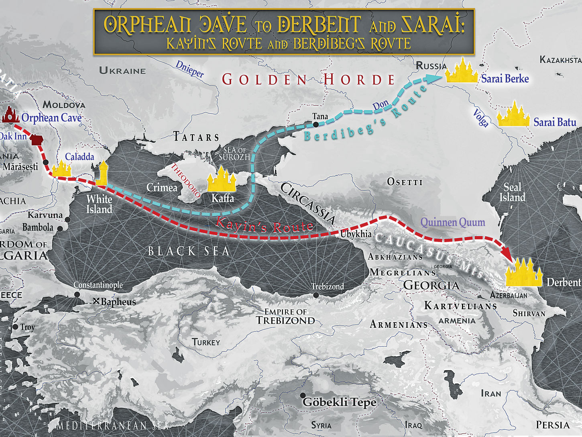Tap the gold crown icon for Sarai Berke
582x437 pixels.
pyautogui.click(x=462, y=71)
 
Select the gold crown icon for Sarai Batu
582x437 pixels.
pyautogui.click(x=513, y=115)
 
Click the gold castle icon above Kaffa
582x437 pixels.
pyautogui.click(x=221, y=180)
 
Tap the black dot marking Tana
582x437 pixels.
pyautogui.click(x=316, y=125)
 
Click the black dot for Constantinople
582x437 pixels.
pyautogui.click(x=77, y=294)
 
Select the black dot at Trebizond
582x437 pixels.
pyautogui.click(x=316, y=295)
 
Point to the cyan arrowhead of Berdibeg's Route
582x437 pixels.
pyautogui.click(x=433, y=78)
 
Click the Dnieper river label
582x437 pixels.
pyautogui.click(x=189, y=69)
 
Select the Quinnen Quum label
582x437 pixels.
pyautogui.click(x=452, y=222)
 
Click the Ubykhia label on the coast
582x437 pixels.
pyautogui.click(x=356, y=234)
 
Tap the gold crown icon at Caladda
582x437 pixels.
pyautogui.click(x=62, y=169)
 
